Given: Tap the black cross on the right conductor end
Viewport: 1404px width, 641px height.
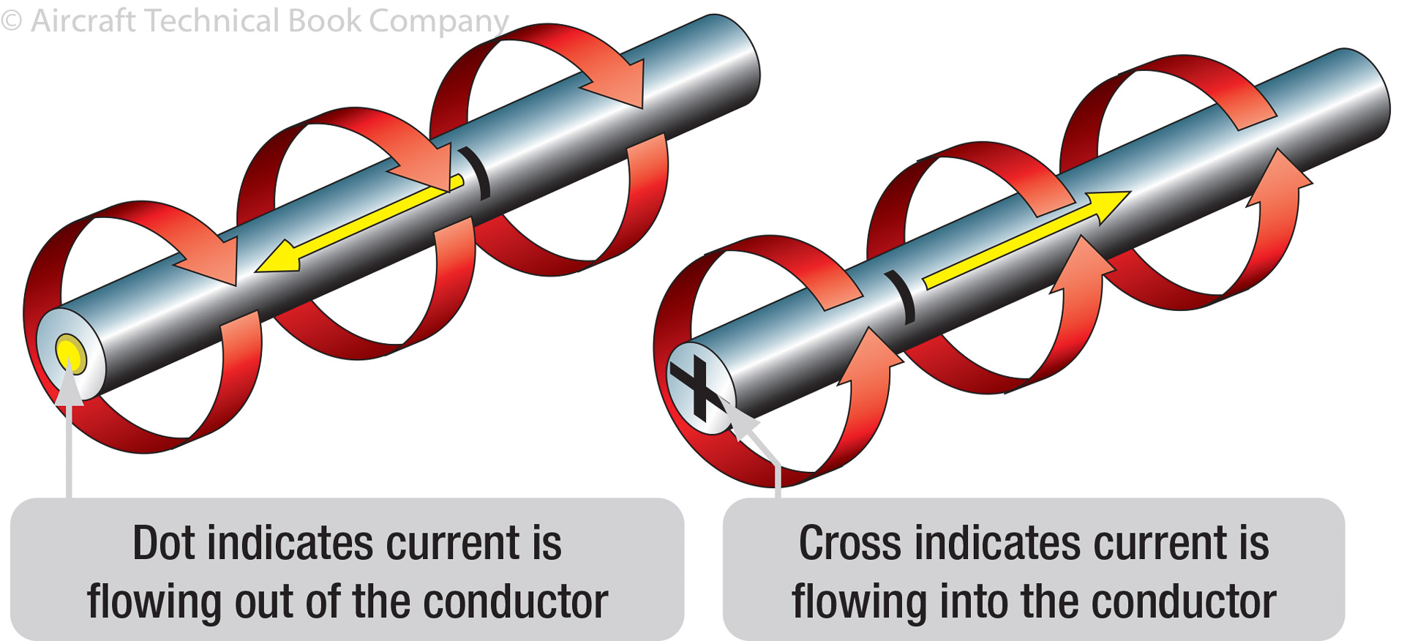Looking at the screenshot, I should tap(697, 389).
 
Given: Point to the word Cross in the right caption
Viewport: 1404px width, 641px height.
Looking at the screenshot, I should tap(849, 544).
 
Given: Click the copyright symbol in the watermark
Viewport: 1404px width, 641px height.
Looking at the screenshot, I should tap(11, 20).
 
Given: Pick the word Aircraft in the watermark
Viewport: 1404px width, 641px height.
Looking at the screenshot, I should tap(83, 20).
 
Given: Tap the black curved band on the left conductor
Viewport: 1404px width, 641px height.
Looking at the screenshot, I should tap(476, 173).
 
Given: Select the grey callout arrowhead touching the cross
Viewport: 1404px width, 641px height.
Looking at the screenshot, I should tap(742, 424).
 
